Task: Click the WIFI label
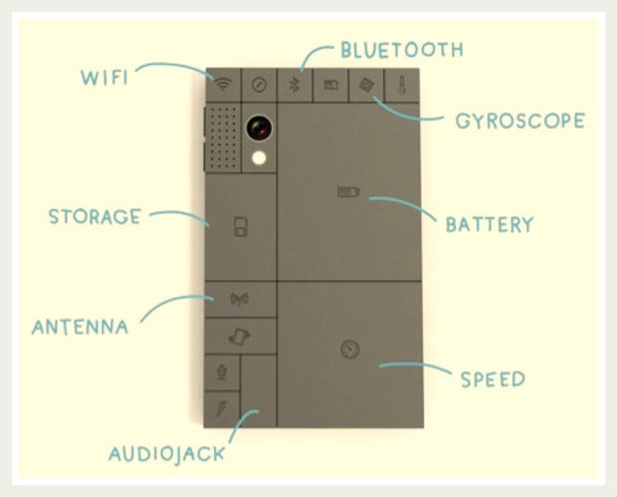click(104, 76)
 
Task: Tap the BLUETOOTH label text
click(400, 49)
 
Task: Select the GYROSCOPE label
click(518, 122)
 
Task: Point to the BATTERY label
click(489, 224)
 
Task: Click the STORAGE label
click(95, 216)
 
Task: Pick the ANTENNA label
click(80, 327)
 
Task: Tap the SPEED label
click(492, 378)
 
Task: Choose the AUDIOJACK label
click(166, 455)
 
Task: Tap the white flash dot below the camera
click(260, 157)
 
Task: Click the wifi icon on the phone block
click(223, 85)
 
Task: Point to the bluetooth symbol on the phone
click(294, 85)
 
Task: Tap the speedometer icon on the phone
click(348, 350)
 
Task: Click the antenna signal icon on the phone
click(239, 298)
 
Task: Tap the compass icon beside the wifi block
click(259, 85)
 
